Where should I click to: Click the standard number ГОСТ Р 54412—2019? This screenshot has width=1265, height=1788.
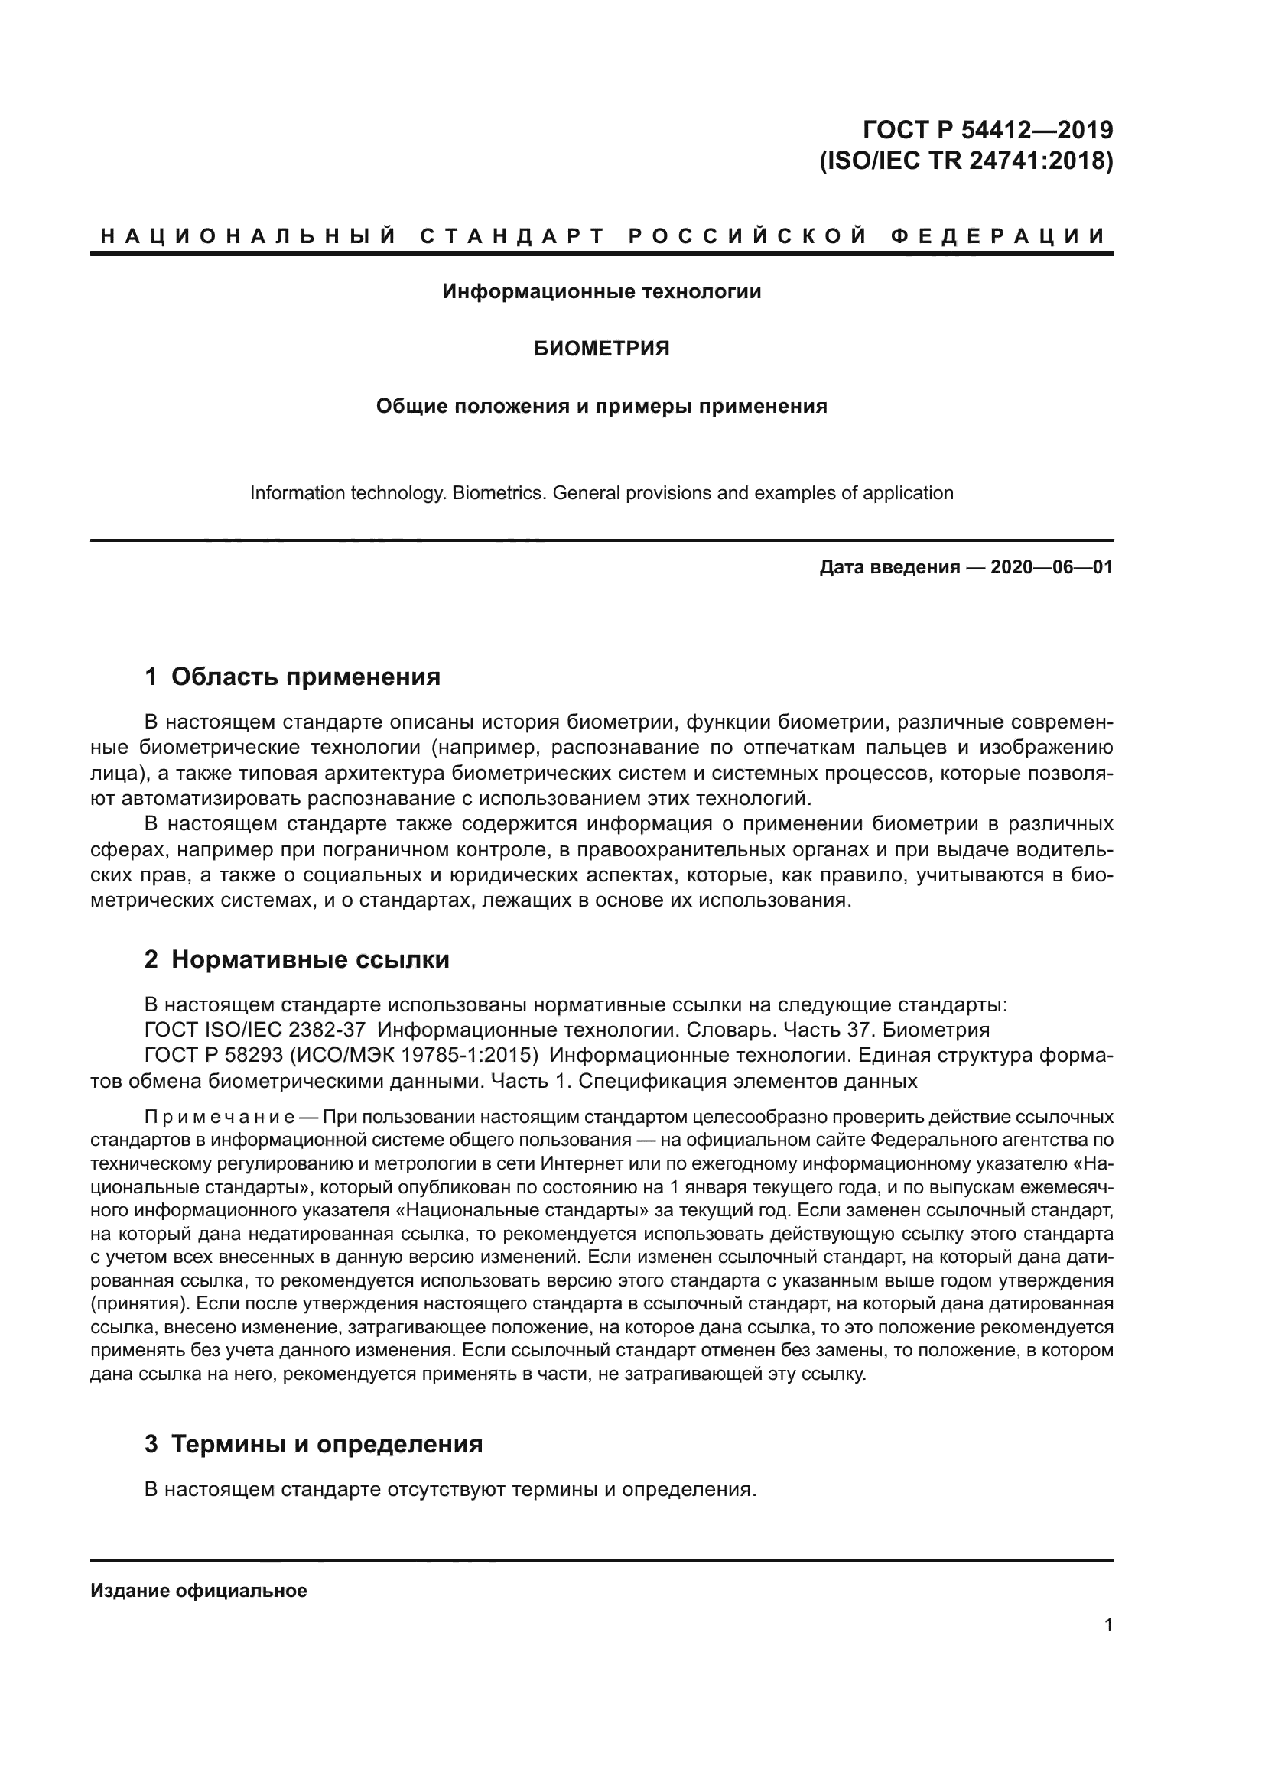click(987, 129)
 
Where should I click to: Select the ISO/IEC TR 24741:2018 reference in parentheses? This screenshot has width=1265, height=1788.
click(966, 161)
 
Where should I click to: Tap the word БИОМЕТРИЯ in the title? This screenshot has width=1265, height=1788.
click(601, 349)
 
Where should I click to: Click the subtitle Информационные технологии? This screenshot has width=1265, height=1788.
click(601, 292)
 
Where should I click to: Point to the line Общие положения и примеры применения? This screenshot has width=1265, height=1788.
click(601, 407)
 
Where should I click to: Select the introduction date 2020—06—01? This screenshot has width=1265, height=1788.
click(1052, 567)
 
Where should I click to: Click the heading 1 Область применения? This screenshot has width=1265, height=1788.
click(293, 677)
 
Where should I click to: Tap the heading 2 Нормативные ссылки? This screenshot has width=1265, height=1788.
click(298, 959)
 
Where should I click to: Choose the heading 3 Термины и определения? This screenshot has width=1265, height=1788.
click(314, 1444)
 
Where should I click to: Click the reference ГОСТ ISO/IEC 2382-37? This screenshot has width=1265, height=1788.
click(255, 1030)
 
